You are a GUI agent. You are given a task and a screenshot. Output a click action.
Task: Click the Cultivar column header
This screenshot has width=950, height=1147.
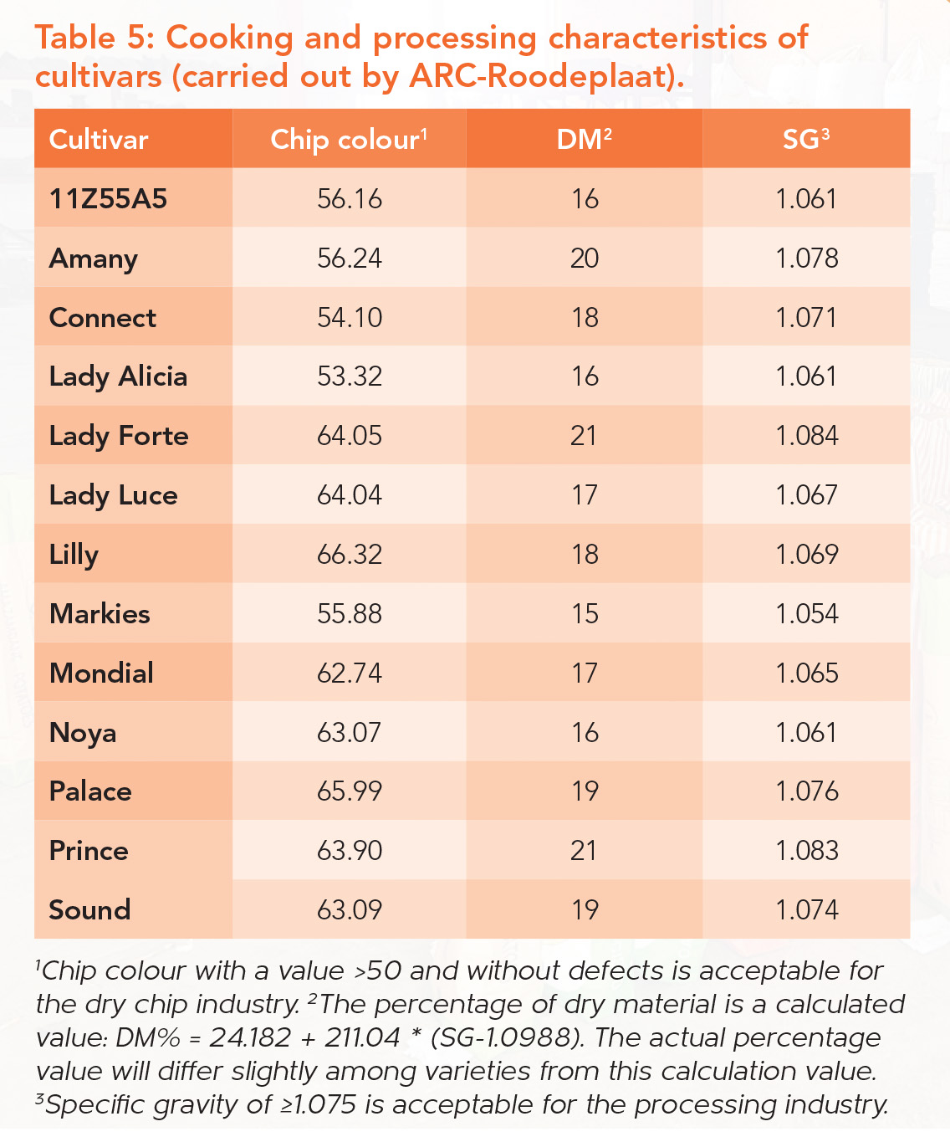point(99,139)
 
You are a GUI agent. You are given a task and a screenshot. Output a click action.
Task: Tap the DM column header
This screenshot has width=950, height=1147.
point(584,139)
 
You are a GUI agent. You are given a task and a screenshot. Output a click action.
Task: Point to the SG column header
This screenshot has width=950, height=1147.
point(805,139)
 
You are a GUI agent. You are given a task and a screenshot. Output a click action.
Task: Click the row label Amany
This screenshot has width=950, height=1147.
point(94,259)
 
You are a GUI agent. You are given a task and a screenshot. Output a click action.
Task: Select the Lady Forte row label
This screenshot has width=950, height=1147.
point(119,436)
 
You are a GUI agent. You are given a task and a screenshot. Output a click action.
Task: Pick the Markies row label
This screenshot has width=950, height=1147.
point(100,613)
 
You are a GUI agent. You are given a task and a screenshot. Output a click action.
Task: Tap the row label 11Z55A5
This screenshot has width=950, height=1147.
point(109,199)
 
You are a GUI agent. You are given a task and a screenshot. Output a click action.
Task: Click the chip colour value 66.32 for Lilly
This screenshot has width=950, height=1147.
point(349,554)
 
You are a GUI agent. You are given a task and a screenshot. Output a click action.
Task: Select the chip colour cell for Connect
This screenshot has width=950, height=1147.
point(349,317)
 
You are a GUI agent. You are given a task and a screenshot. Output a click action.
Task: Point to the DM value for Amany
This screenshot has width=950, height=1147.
point(585,259)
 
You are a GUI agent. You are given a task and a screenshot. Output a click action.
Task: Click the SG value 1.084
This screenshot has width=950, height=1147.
point(806,436)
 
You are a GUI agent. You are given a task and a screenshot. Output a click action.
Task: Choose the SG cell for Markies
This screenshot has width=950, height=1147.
point(806,613)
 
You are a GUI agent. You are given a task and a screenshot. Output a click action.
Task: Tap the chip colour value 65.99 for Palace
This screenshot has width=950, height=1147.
point(349,791)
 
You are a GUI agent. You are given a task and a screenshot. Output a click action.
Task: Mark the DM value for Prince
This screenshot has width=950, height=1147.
point(584,850)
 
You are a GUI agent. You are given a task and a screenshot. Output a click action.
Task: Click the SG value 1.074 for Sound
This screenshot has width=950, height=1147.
point(806,909)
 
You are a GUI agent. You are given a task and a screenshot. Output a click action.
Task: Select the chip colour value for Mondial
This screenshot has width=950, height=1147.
point(349,673)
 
